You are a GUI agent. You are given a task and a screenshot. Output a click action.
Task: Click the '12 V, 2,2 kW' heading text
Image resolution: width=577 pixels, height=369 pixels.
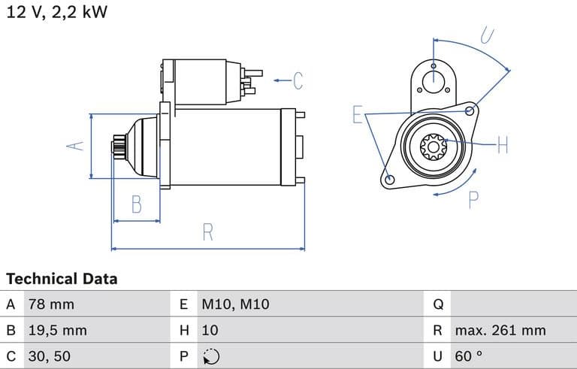(57, 13)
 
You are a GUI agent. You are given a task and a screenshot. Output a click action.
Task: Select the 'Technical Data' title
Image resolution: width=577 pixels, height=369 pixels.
(62, 279)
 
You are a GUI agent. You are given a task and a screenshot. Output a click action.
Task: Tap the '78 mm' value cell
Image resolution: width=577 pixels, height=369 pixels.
(51, 304)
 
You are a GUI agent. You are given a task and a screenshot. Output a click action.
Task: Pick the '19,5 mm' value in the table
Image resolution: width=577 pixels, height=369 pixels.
(57, 330)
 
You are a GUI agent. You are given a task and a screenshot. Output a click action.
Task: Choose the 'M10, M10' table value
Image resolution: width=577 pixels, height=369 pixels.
(235, 304)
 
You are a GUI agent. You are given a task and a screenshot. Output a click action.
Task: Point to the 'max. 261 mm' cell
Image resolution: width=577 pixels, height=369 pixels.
(500, 330)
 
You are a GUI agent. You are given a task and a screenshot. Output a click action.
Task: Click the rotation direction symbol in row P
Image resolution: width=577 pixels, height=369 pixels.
(211, 355)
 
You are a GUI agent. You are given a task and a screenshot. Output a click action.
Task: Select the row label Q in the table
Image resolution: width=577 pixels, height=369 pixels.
(439, 304)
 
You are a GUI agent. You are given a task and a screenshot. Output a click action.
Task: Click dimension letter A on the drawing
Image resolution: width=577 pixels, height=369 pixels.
(74, 146)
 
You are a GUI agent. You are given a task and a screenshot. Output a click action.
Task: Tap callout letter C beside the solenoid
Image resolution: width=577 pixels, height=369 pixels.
(298, 80)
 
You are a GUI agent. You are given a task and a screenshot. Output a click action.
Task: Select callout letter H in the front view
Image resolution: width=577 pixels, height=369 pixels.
(503, 144)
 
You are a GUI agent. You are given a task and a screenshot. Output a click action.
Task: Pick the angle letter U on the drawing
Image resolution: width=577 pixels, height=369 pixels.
(488, 35)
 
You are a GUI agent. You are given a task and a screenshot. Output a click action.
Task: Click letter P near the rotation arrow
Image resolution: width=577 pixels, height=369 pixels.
(474, 200)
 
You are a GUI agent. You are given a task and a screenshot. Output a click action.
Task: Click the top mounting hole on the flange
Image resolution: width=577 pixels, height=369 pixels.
(434, 81)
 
